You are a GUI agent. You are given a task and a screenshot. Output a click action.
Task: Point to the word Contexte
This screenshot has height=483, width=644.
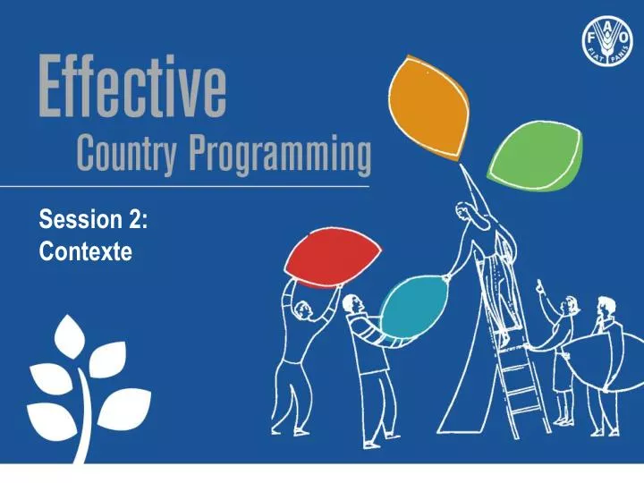[x=86, y=253]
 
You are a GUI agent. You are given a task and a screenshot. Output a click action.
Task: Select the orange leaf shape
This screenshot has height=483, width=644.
[x=431, y=106]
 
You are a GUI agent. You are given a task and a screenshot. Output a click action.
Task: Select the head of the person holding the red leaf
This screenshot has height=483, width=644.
[x=302, y=309]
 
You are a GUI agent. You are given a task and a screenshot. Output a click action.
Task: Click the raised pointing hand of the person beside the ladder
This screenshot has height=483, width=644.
[x=539, y=285]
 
